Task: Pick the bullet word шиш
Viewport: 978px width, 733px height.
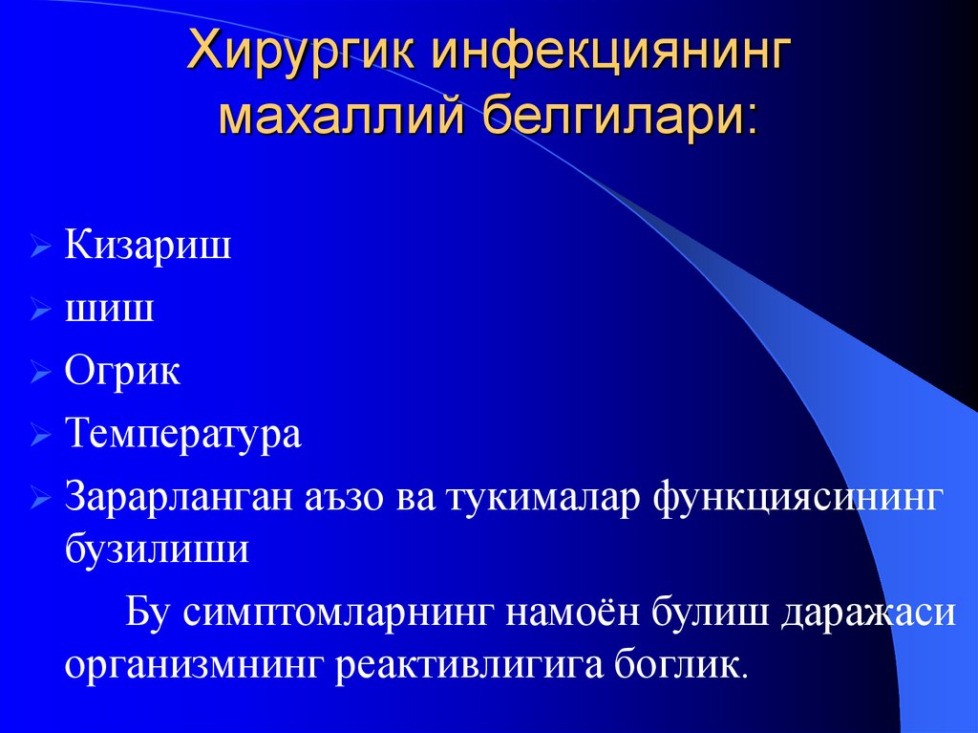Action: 109,309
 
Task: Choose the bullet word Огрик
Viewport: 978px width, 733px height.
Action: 122,372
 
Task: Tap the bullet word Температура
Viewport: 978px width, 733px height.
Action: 183,435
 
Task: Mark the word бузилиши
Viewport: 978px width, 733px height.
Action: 158,550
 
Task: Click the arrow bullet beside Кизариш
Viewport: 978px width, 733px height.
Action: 40,248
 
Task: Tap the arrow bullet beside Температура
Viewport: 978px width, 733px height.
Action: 40,438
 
